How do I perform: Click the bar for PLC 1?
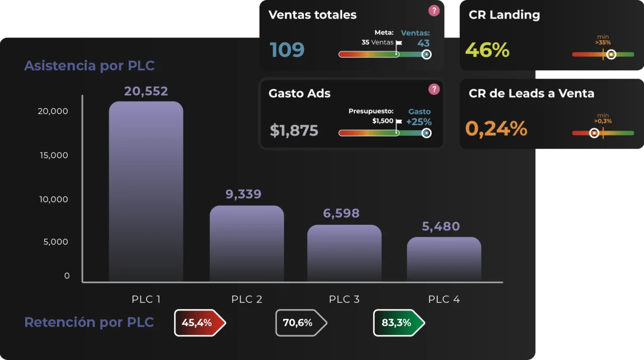point(146,191)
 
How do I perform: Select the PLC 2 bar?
point(247,243)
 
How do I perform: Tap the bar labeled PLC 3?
point(344,253)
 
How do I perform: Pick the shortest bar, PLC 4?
point(444,259)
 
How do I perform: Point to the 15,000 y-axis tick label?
point(54,155)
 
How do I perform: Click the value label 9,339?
point(244,195)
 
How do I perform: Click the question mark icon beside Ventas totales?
point(434,11)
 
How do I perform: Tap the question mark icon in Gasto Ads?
point(434,89)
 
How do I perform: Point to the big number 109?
point(287,50)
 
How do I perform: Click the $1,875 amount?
point(294,131)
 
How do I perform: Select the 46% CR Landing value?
point(487,50)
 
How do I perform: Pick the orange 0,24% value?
point(496,129)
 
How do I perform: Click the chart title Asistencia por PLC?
point(90,66)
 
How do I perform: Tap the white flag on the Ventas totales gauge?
point(398,43)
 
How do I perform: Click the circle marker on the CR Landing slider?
point(611,54)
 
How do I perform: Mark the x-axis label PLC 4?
point(444,300)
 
